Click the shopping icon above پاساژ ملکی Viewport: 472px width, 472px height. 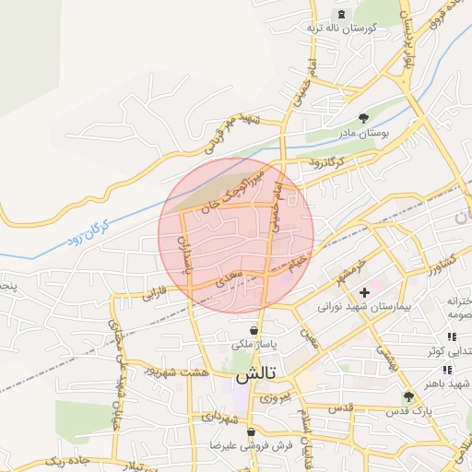254,330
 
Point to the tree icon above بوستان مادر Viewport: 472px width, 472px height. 364,119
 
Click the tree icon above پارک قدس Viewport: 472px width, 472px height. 408,395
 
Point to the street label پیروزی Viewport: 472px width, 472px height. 273,397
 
